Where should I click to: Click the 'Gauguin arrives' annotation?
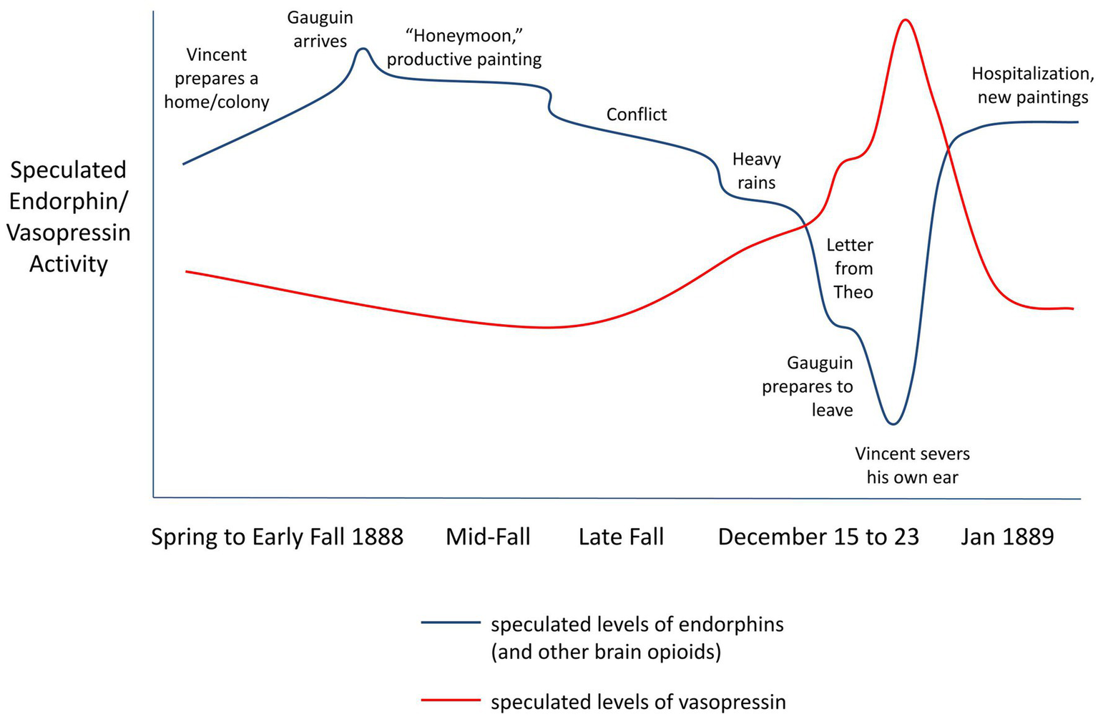click(320, 29)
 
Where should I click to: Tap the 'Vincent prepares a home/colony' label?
click(217, 79)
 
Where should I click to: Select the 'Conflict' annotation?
click(637, 114)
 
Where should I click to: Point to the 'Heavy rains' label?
click(756, 171)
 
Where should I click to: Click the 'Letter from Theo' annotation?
click(851, 268)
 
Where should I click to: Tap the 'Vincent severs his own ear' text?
click(912, 466)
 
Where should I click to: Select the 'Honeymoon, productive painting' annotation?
click(464, 47)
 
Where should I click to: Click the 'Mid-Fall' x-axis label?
click(488, 537)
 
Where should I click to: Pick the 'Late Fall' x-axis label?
click(621, 537)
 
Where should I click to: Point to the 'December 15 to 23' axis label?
click(818, 537)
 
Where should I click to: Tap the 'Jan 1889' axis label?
click(1007, 537)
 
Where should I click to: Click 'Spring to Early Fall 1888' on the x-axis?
click(277, 537)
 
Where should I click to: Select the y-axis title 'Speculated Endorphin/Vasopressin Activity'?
click(69, 217)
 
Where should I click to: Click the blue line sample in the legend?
click(451, 623)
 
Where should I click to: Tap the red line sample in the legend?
click(451, 700)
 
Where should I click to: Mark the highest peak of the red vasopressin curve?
click(906, 20)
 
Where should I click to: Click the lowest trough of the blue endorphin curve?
click(892, 424)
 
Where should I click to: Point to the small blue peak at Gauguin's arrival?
click(363, 49)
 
